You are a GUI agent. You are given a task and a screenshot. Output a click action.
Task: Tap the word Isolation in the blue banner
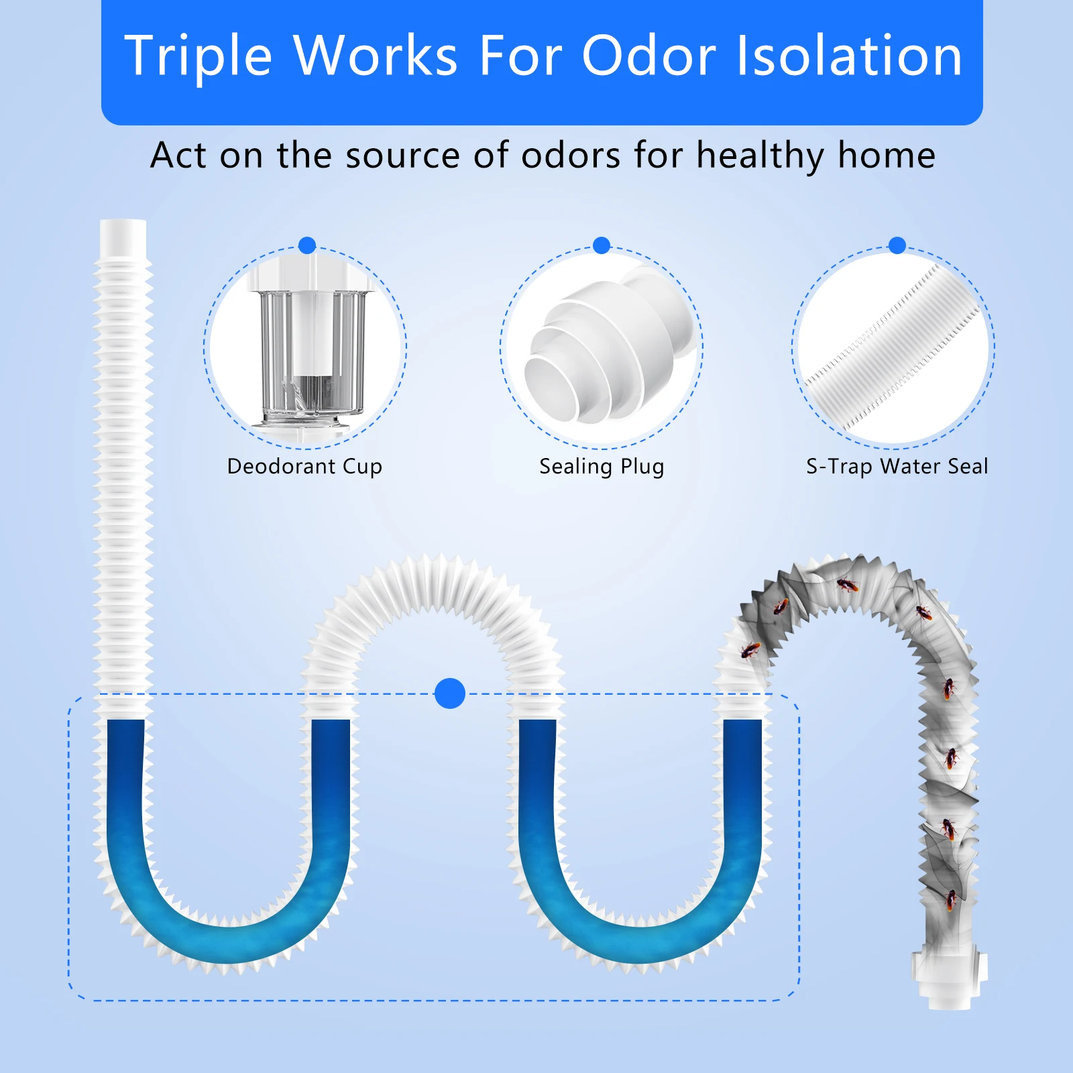point(850,55)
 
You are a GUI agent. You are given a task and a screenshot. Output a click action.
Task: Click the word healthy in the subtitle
point(759,157)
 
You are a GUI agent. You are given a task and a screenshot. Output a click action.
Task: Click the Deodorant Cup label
point(304,467)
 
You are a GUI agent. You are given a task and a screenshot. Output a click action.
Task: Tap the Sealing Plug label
point(602,467)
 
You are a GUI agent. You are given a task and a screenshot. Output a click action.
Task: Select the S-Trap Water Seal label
point(897,466)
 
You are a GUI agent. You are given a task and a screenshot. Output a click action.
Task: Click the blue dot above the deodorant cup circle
point(307,245)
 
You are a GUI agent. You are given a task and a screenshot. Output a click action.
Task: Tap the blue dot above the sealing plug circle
point(602,245)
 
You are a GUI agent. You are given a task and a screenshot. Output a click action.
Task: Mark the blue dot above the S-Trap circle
point(897,245)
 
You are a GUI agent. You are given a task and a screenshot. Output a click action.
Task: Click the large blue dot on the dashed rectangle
point(450,693)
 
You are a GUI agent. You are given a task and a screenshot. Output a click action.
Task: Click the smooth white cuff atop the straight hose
point(123,237)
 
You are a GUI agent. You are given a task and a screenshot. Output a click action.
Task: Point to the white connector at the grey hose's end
point(949,981)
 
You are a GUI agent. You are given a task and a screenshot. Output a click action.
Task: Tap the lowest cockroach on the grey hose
point(951,900)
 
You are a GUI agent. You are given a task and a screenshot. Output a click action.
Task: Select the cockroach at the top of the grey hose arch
point(848,585)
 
